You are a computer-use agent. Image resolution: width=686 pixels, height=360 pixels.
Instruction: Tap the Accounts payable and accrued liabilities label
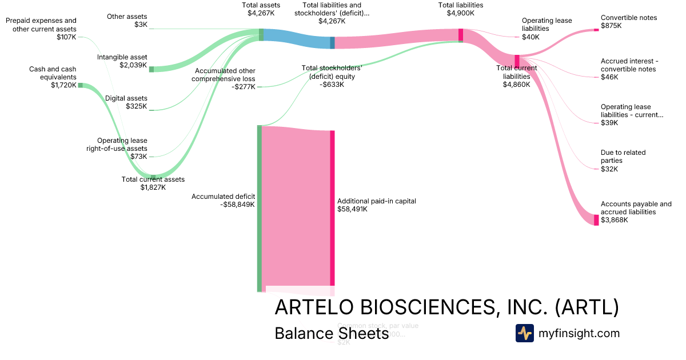click(x=636, y=212)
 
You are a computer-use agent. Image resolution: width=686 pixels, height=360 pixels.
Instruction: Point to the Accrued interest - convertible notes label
click(x=628, y=69)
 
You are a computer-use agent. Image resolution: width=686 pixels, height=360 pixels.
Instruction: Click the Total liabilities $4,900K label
click(x=461, y=9)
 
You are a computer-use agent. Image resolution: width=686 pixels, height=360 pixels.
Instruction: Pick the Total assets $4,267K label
click(x=261, y=9)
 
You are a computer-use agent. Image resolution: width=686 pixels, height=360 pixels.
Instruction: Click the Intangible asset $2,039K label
click(x=122, y=61)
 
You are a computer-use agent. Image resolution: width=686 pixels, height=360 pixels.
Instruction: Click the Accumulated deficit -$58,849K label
click(x=223, y=201)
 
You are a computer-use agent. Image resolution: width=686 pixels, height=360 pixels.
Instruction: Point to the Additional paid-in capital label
click(x=377, y=205)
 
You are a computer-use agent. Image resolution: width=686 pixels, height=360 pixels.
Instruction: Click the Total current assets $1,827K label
click(x=153, y=183)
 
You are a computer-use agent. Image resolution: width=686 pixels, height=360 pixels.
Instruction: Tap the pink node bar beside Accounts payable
click(x=596, y=220)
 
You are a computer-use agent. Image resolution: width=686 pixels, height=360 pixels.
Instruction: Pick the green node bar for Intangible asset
click(x=151, y=69)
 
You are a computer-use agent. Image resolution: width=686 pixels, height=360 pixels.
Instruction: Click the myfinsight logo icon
click(x=524, y=333)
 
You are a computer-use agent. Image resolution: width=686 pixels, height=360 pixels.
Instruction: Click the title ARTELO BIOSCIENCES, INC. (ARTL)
click(x=446, y=307)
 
